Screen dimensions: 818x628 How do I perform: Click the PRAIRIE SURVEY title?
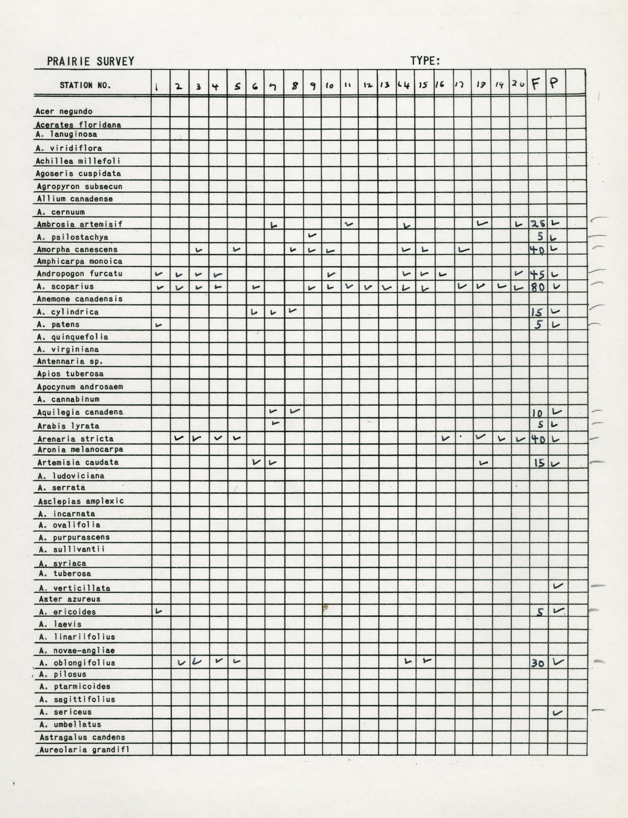(90, 61)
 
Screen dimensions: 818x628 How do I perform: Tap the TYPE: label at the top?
(425, 61)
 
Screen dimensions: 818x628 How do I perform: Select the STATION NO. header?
(85, 85)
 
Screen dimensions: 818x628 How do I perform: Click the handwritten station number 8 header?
(294, 86)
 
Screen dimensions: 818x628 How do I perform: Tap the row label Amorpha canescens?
(77, 249)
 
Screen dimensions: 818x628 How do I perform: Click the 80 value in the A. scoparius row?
(538, 287)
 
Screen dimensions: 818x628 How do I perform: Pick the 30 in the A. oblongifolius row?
(538, 664)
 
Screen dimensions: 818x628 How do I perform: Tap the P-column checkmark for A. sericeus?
(557, 713)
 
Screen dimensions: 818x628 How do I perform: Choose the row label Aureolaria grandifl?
(84, 750)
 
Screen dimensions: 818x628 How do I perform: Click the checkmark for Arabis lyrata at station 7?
(275, 423)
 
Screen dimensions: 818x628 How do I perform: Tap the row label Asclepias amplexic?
(81, 501)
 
